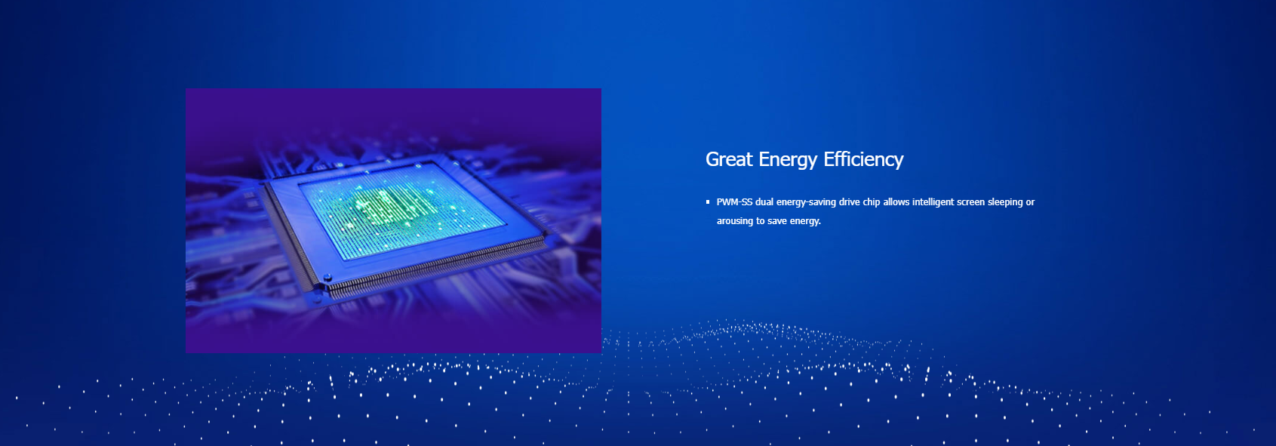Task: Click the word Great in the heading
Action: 729,159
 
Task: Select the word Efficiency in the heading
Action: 863,160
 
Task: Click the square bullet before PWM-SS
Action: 708,201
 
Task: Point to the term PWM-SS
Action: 734,201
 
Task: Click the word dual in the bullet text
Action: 764,201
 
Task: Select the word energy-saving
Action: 806,202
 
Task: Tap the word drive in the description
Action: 850,201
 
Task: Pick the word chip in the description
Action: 872,202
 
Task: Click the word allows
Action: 896,201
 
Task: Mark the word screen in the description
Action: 970,202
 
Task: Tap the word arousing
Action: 735,221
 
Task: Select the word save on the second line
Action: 777,221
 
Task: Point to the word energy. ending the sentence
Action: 805,222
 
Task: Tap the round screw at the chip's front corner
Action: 327,278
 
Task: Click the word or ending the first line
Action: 1031,202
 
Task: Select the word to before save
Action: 761,221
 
